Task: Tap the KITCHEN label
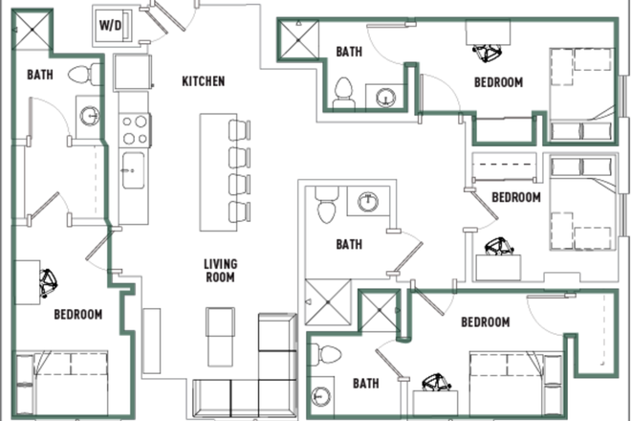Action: click(203, 81)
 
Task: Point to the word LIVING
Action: click(220, 264)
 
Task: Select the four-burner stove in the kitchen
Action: click(133, 127)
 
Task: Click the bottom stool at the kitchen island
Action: click(237, 210)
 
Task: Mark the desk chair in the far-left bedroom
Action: click(48, 281)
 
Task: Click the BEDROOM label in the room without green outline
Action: click(516, 198)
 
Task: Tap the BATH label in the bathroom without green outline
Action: click(349, 245)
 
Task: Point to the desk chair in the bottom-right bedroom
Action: click(436, 383)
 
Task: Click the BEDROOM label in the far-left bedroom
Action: click(77, 314)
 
